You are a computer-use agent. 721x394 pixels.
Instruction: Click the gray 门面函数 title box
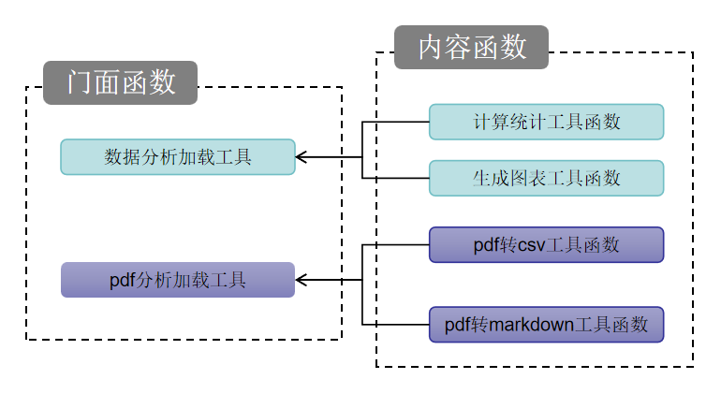120,82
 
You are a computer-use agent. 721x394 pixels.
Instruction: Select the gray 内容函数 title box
471,47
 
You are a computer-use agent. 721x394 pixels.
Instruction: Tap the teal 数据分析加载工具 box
178,157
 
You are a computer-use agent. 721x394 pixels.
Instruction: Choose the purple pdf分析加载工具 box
178,280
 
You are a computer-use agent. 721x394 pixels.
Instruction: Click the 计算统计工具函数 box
546,122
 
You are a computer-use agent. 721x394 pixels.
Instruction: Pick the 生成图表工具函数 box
546,178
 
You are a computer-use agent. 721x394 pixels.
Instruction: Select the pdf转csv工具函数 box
546,245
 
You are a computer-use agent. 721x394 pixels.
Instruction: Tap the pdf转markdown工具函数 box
546,325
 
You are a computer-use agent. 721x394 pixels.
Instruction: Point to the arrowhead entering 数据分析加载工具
302,157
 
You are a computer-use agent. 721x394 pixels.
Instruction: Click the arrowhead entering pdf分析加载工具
302,280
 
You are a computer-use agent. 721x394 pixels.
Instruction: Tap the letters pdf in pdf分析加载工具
123,280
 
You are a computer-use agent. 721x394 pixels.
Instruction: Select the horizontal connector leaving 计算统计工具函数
395,122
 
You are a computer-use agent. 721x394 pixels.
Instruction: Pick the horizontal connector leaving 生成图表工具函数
395,178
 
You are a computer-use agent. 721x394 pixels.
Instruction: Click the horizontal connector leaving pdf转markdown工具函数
395,325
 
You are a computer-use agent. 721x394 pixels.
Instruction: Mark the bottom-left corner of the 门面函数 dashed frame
26,339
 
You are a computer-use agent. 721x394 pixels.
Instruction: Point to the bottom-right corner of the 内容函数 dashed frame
693,367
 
